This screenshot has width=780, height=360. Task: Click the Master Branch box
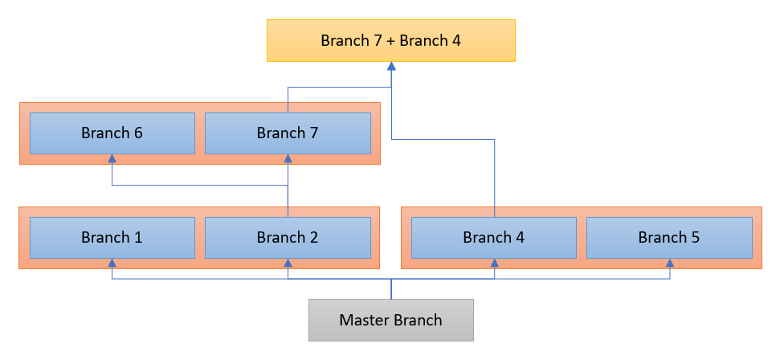391,320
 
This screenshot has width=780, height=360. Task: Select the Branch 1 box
112,238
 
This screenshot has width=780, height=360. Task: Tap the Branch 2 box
288,238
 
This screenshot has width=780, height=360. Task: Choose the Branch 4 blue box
494,238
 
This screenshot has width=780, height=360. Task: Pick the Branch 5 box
669,238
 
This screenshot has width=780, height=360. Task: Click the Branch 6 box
112,133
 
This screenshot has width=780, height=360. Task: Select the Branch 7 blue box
288,133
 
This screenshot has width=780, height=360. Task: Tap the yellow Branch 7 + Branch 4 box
391,40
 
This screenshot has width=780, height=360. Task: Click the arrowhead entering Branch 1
112,263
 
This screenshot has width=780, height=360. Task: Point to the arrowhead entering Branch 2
288,263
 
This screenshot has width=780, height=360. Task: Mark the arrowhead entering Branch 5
670,263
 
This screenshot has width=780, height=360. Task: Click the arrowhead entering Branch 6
112,158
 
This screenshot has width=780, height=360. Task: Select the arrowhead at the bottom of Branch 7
288,158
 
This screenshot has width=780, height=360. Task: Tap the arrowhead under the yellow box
391,66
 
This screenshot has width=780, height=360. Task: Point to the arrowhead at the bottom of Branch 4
495,263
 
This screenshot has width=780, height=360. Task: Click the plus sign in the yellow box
390,41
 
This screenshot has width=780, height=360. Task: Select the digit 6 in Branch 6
138,133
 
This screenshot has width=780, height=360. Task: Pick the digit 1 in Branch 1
138,238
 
